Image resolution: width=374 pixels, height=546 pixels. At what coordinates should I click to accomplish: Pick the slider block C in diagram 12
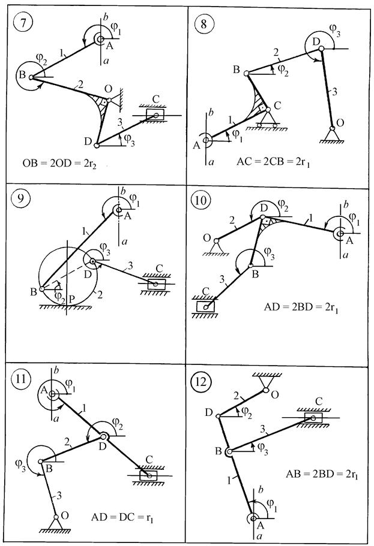click(312, 417)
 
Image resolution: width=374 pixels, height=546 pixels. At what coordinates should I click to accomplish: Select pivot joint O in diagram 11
click(56, 517)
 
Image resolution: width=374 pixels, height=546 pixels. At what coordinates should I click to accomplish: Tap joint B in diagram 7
click(31, 77)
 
